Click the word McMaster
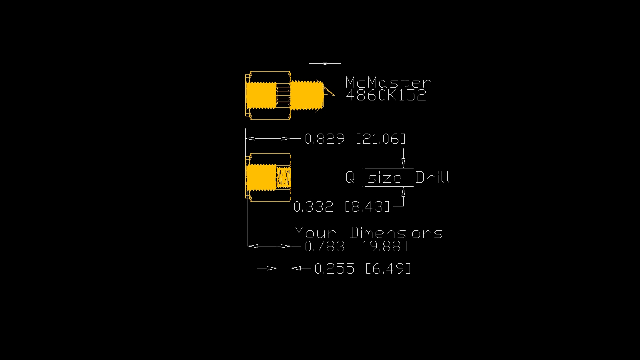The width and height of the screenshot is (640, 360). click(388, 82)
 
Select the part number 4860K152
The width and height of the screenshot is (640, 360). click(386, 96)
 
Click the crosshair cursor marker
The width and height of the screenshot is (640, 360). click(325, 63)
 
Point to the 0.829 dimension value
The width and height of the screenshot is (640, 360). click(324, 139)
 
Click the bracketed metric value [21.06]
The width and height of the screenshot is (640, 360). click(381, 139)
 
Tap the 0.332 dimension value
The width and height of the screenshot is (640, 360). click(313, 207)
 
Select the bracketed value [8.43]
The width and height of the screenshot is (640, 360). click(367, 207)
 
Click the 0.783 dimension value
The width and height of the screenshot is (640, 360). click(324, 246)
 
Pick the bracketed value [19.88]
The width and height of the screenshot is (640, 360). click(382, 246)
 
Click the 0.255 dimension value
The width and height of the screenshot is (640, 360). click(334, 268)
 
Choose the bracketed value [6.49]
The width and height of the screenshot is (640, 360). click(388, 268)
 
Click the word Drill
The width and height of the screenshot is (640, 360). click(432, 177)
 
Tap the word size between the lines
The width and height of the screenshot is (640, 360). click(385, 178)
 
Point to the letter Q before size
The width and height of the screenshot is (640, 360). click(350, 177)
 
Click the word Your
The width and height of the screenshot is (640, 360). click(315, 233)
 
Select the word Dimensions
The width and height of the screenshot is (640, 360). click(396, 233)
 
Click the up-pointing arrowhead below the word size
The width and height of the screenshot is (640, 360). click(403, 192)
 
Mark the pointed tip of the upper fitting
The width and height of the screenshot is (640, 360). click(333, 95)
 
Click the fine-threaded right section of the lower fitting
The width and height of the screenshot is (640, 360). click(284, 177)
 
